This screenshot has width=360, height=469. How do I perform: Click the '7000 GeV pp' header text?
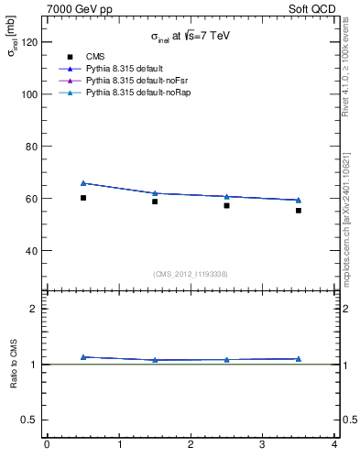pyautogui.click(x=80, y=9)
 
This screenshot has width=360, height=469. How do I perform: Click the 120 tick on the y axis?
pyautogui.click(x=27, y=42)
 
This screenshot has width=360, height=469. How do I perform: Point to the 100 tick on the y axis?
pyautogui.click(x=27, y=94)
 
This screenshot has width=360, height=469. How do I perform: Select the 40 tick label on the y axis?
pyautogui.click(x=30, y=250)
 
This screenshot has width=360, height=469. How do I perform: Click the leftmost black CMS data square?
pyautogui.click(x=83, y=198)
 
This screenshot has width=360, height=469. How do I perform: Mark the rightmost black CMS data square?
pyautogui.click(x=299, y=211)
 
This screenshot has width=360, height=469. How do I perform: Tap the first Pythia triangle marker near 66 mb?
pyautogui.click(x=83, y=183)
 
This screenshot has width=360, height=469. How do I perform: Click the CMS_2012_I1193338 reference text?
pyautogui.click(x=191, y=274)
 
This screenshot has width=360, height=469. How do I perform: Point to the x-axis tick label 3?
pyautogui.click(x=263, y=444)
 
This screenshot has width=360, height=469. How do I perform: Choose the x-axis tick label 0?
pyautogui.click(x=47, y=444)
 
